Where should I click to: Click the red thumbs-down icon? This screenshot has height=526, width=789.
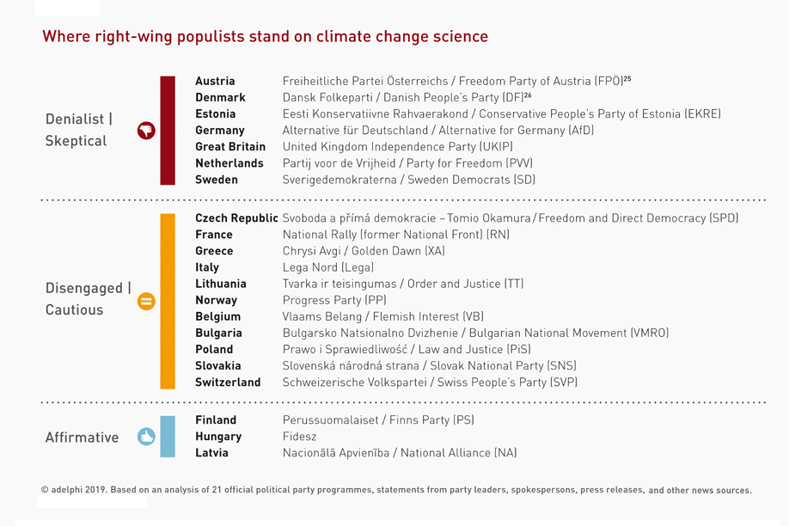pos(146,131)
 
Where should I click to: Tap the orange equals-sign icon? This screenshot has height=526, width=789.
pos(146,301)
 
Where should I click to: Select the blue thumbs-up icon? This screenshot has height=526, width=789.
pos(146,437)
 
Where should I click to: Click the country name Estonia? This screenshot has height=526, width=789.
pos(215,114)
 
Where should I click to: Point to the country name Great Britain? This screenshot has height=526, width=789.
pos(230,147)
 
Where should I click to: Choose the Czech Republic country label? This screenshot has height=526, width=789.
pos(236,218)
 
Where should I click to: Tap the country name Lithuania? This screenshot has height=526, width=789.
pos(221,284)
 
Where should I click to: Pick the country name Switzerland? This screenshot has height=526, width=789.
pos(228,382)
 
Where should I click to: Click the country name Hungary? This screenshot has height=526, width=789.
pos(218,437)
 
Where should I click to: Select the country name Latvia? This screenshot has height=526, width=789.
pos(211,453)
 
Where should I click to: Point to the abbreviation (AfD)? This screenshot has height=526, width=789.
pos(581,131)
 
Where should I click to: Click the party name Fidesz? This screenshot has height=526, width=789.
pos(300,437)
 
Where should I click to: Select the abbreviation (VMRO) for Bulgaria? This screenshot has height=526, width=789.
pos(649,333)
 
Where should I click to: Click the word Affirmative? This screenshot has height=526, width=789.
pos(82,437)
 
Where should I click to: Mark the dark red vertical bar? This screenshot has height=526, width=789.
pos(168,131)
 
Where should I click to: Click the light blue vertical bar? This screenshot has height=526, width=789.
pos(168,437)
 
